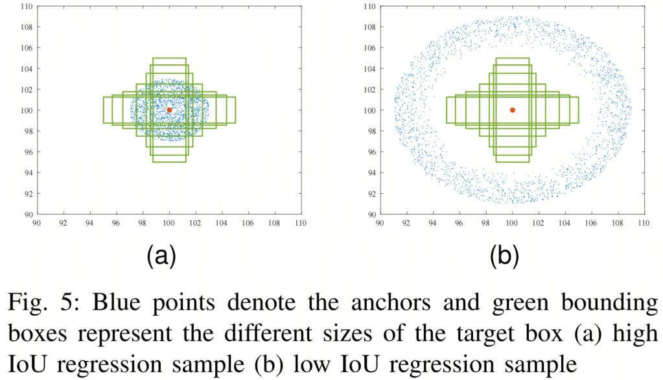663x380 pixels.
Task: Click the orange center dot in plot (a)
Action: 169,110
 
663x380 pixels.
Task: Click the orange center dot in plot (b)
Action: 513,110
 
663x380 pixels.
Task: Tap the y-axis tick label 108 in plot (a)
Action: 27,27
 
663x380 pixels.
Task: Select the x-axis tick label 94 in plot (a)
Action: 89,223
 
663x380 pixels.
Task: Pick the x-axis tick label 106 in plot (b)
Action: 590,223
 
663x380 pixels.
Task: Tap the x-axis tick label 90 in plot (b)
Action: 380,223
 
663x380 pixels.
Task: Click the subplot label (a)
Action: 161,255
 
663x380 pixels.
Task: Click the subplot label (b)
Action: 504,255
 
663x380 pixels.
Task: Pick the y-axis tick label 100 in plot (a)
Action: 27,110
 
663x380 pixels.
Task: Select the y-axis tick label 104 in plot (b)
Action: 370,69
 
